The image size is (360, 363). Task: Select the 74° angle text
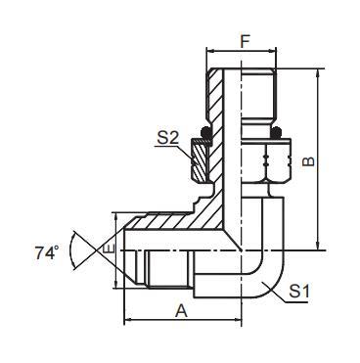(43, 252)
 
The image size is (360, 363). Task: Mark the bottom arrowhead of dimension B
(320, 249)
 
